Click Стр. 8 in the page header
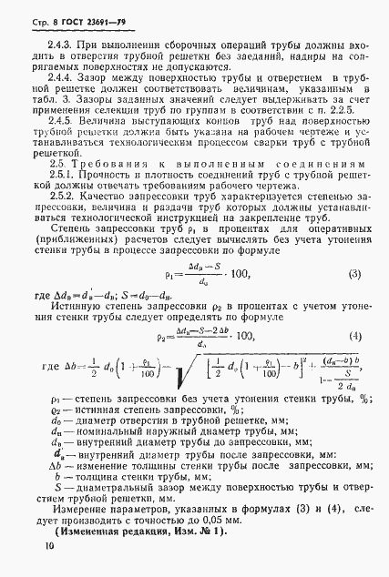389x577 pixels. point(32,15)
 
